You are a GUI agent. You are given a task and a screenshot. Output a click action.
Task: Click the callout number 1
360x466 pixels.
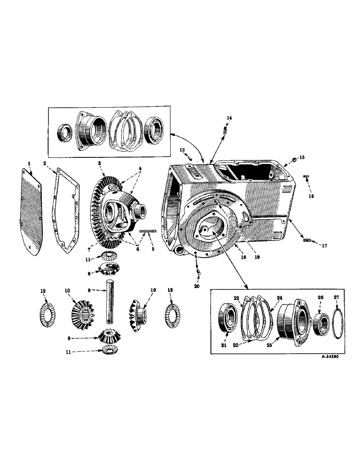(29, 163)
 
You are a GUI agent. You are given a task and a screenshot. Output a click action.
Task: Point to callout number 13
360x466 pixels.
(183, 150)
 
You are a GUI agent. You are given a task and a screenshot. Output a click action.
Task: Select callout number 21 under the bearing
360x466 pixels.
(224, 345)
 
